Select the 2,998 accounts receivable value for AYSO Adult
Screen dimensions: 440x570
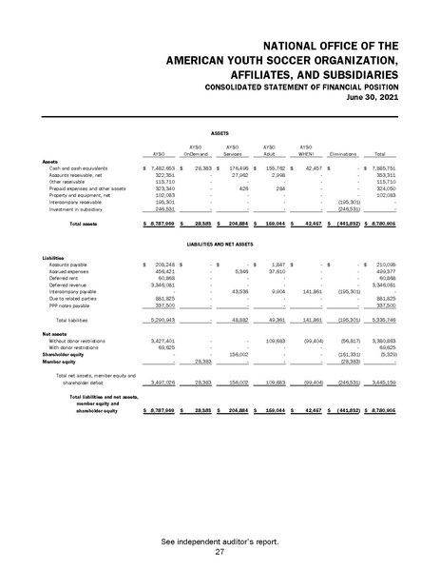(x=279, y=174)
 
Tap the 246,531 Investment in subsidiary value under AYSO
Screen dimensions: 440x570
(x=165, y=207)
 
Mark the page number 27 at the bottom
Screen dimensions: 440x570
(x=220, y=552)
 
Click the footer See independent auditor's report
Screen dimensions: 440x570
(x=220, y=541)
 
